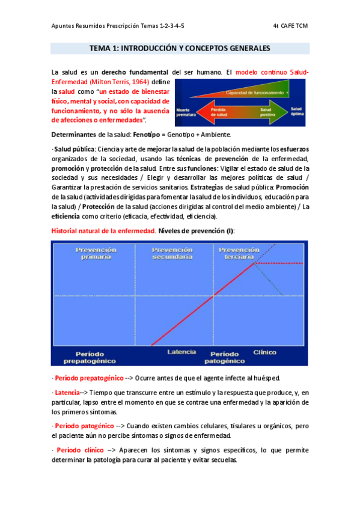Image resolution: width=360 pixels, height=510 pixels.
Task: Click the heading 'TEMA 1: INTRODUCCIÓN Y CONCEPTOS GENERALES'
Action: point(180,48)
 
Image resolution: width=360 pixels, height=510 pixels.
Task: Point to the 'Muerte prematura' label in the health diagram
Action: point(185,113)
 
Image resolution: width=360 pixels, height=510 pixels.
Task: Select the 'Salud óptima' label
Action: point(298,111)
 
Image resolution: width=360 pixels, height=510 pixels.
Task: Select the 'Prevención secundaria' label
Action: point(172,253)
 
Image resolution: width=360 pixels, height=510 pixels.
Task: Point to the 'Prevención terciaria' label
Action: point(239,253)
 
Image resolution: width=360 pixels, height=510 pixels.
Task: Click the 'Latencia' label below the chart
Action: point(181,351)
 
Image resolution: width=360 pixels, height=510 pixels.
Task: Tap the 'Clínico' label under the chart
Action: point(265,351)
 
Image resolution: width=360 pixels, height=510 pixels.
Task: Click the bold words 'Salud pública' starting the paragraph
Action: point(70,149)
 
